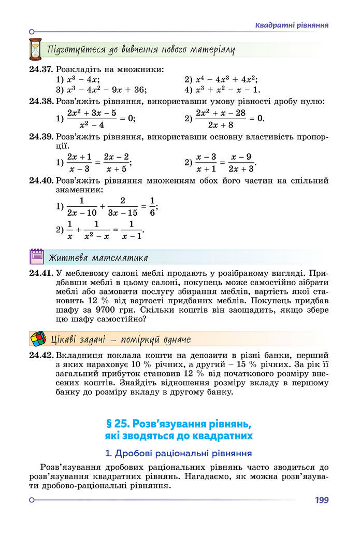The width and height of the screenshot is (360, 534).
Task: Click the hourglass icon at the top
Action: (35, 49)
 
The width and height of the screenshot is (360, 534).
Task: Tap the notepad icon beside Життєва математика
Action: (37, 257)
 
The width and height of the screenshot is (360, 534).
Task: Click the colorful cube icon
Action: (38, 339)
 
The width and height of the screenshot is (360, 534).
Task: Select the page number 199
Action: (321, 500)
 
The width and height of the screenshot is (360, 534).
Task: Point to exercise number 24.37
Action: (41, 69)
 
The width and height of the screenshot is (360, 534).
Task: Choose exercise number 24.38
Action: (41, 101)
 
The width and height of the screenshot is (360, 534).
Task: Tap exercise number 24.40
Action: (41, 181)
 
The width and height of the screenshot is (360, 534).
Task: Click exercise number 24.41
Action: (41, 272)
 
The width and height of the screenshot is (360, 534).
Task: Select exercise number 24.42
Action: (41, 356)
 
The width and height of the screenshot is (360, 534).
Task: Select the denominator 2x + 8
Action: (220, 125)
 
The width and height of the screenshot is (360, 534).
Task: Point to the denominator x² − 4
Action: (92, 125)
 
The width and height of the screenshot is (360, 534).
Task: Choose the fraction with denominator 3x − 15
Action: (123, 206)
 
